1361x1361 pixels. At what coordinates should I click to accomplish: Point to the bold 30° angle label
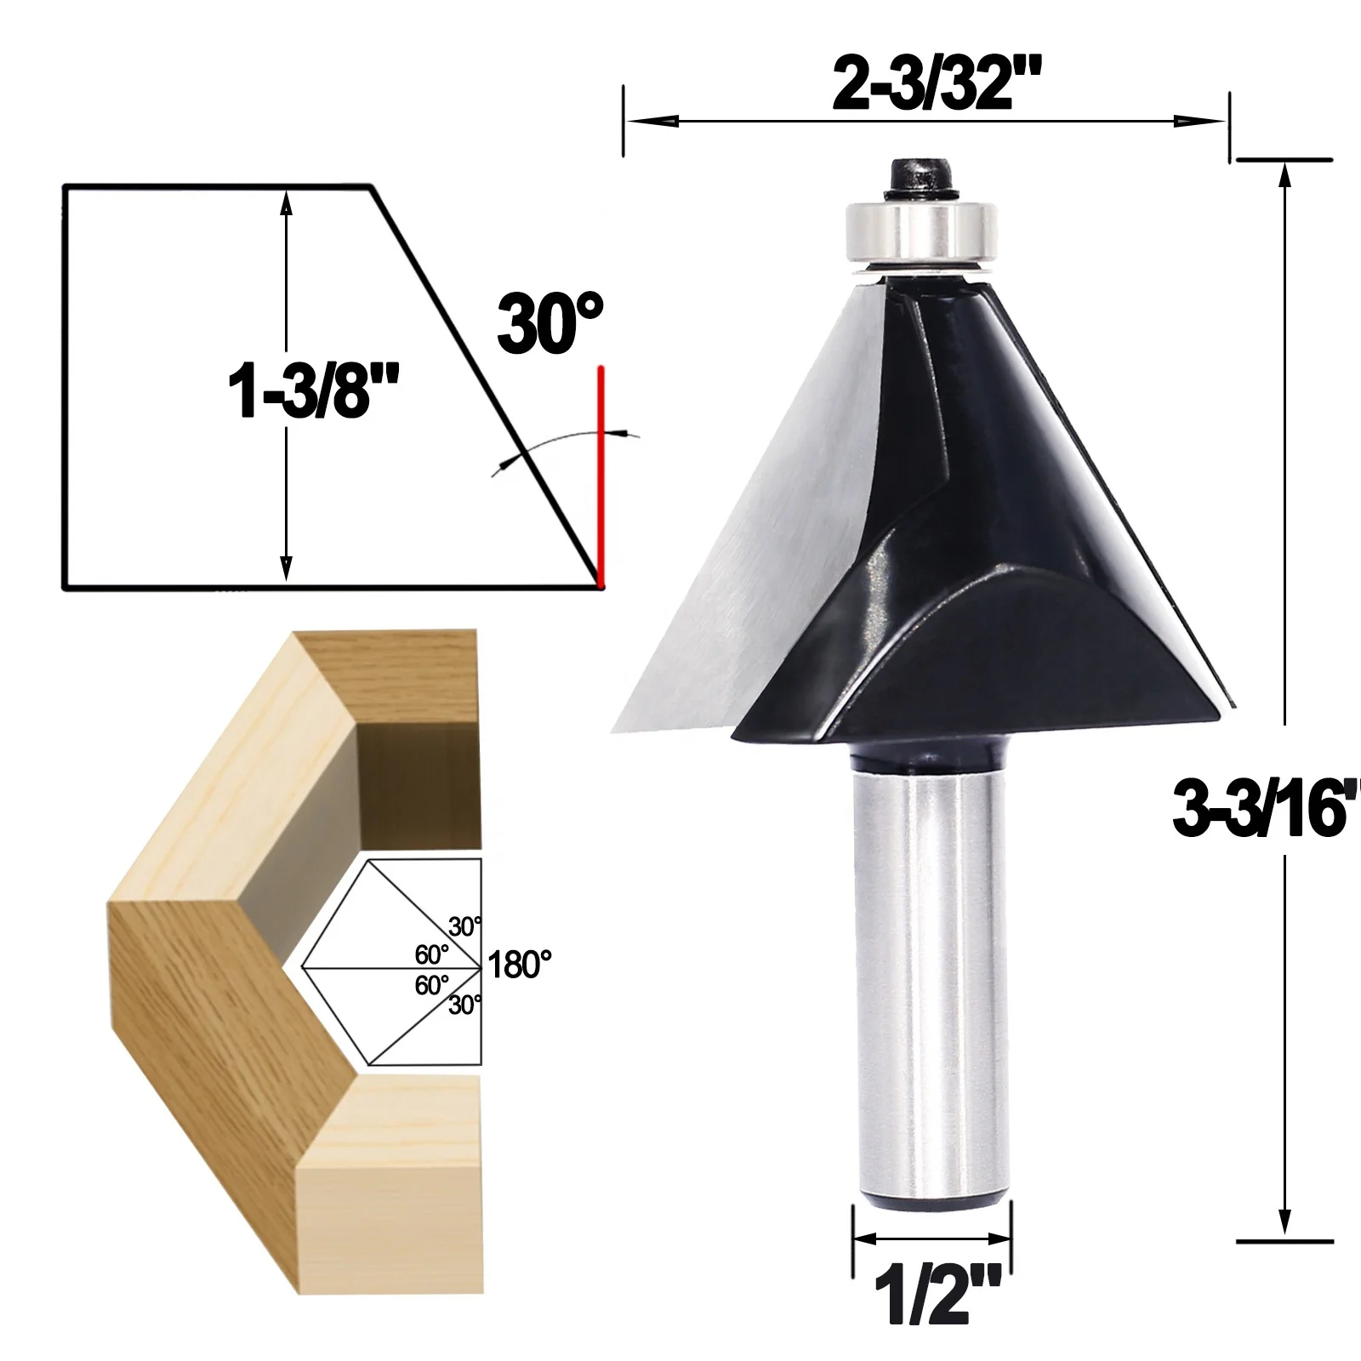(550, 323)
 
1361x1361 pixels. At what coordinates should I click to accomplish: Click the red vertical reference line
(601, 476)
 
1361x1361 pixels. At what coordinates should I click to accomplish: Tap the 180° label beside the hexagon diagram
(520, 965)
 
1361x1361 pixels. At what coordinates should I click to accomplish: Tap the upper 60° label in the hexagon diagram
(432, 954)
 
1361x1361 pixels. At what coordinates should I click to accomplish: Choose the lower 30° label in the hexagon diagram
(465, 1005)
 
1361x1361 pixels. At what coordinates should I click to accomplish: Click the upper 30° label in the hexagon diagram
(465, 926)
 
